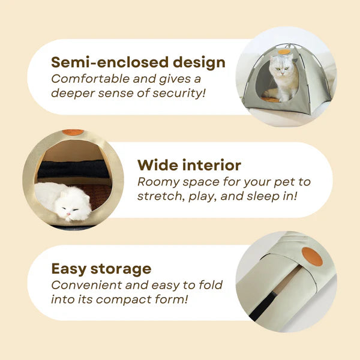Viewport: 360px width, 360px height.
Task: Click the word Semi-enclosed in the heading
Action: pyautogui.click(x=104, y=62)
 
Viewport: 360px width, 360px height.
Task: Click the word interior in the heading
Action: pyautogui.click(x=212, y=165)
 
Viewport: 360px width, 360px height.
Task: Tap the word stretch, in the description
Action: pyautogui.click(x=160, y=196)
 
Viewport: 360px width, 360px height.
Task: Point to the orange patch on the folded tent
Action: pyautogui.click(x=313, y=256)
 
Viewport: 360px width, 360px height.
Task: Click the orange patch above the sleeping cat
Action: pyautogui.click(x=73, y=132)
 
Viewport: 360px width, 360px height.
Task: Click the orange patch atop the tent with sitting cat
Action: pyautogui.click(x=284, y=52)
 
